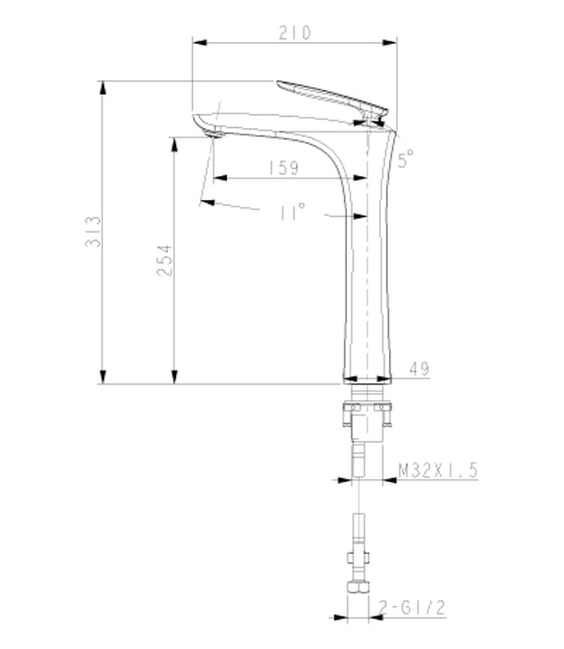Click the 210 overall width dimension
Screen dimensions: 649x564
[x=294, y=32]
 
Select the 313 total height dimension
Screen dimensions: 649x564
[x=93, y=232]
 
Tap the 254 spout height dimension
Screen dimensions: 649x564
[x=165, y=260]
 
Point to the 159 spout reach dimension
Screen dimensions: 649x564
[x=283, y=167]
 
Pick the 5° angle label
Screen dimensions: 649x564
[x=406, y=158]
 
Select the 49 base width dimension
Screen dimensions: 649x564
[x=419, y=369]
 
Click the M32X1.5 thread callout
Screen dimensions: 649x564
[x=437, y=470]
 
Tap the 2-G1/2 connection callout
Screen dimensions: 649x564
[x=413, y=607]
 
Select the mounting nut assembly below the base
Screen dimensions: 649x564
[x=367, y=419]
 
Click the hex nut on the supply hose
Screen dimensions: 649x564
[x=358, y=587]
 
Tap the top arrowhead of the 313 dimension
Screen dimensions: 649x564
[x=102, y=87]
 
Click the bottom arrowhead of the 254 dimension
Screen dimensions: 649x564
[x=174, y=377]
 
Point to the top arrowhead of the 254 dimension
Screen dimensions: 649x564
[x=174, y=143]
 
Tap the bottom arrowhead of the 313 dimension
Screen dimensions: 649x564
[x=102, y=377]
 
